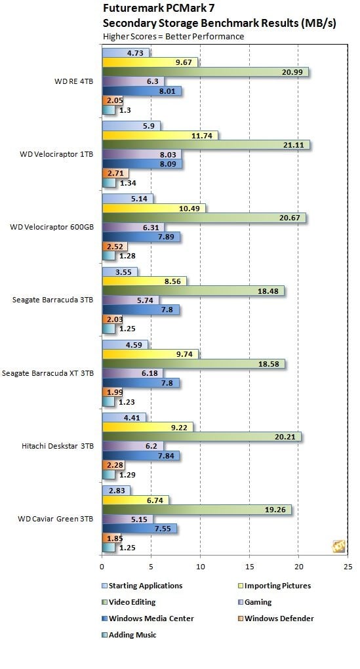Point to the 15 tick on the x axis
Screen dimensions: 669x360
249,566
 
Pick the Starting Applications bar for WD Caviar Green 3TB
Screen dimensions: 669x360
116,490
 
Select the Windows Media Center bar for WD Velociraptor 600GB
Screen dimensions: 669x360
141,237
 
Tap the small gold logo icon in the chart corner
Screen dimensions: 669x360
339,547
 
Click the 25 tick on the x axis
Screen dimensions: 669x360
348,566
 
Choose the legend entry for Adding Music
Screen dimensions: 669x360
133,635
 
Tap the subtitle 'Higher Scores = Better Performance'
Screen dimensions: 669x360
173,36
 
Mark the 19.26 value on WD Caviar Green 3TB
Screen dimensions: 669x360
277,509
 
